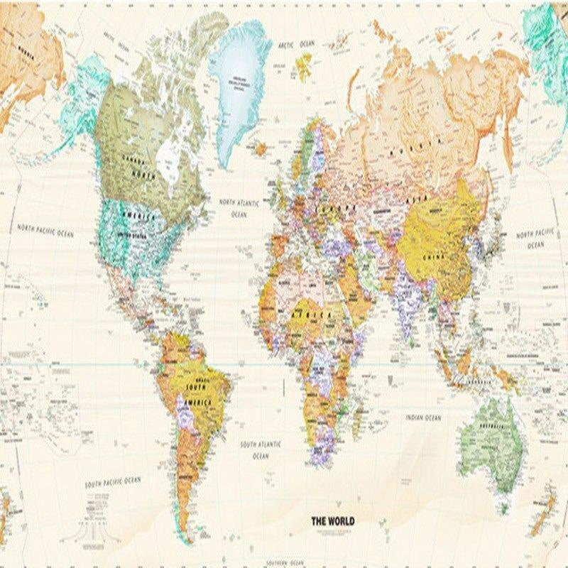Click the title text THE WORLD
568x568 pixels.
point(333,521)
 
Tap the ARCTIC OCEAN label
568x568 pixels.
point(296,45)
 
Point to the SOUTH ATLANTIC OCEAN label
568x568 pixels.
point(260,449)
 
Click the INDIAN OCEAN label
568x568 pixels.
point(423,418)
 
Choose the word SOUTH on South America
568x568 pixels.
point(195,387)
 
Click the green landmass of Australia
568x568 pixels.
point(490,440)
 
